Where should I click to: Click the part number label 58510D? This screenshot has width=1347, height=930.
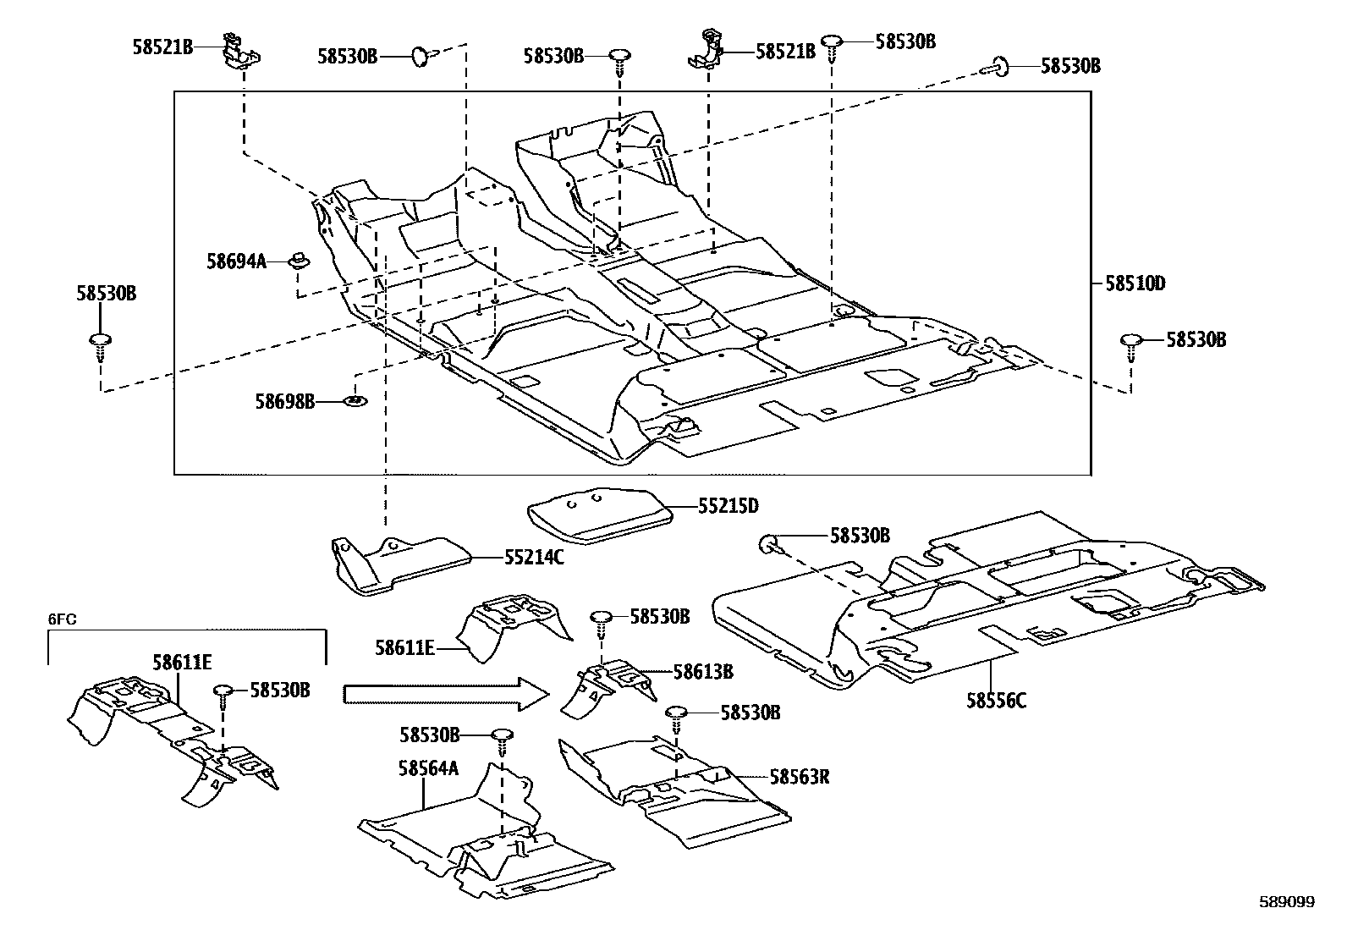click(x=1135, y=283)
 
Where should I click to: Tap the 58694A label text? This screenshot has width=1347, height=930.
click(x=236, y=262)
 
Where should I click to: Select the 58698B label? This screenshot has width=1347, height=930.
click(x=285, y=401)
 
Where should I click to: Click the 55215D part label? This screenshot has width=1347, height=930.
click(x=728, y=506)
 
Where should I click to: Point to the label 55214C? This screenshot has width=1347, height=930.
click(x=534, y=557)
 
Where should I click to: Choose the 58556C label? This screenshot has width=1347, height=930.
click(x=997, y=700)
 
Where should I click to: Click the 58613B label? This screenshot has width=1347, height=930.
click(x=703, y=672)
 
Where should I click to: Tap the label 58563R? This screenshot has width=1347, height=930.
click(x=799, y=776)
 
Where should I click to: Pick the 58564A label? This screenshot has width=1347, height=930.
click(x=428, y=768)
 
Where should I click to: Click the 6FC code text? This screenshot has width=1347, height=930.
click(x=62, y=619)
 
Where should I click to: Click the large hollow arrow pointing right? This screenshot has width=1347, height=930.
click(x=445, y=694)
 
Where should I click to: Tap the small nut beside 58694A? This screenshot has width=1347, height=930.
click(x=299, y=258)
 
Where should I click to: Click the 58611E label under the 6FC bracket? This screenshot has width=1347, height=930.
click(x=182, y=662)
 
